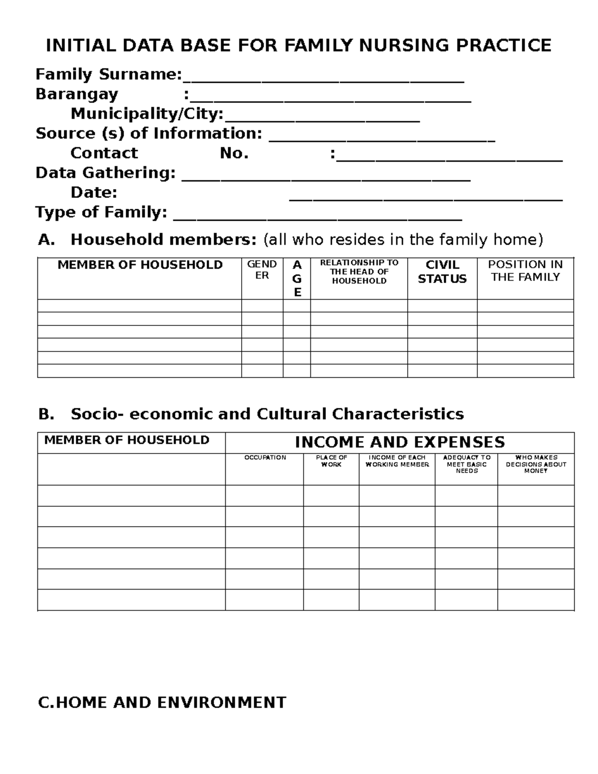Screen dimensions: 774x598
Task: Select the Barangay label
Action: point(77,94)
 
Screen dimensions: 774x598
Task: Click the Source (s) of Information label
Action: point(149,134)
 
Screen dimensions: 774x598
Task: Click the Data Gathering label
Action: point(105,173)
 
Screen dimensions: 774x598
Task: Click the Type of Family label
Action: point(101,212)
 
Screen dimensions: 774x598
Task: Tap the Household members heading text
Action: point(163,240)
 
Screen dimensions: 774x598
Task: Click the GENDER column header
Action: point(262,270)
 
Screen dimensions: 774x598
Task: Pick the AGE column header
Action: point(297,279)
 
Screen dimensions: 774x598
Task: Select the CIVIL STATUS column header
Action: point(442,272)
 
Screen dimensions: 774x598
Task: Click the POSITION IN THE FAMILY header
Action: point(525,271)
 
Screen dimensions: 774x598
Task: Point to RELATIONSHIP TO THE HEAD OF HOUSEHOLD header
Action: point(359,272)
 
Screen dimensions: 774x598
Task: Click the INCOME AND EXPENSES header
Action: point(400,442)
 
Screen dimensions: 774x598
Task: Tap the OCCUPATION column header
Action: point(265,458)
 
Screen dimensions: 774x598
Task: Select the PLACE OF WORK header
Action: point(331,461)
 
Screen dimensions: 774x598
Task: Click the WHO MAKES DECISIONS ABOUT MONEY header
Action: point(536,464)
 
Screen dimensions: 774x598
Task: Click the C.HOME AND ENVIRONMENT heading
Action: point(162,703)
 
